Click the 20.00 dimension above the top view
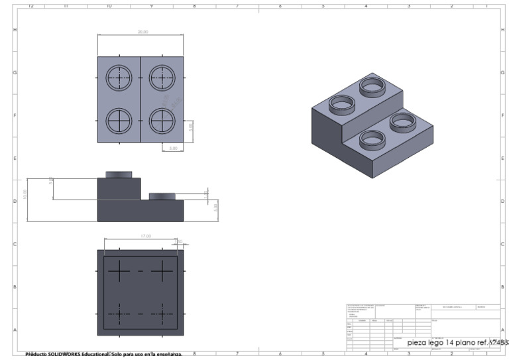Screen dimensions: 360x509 [x=142, y=32]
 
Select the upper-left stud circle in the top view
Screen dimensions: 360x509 [x=119, y=78]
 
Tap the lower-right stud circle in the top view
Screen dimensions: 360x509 [x=162, y=121]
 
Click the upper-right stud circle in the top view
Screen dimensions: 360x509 [x=162, y=78]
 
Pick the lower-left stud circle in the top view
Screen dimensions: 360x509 [x=119, y=121]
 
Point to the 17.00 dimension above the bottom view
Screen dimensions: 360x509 [x=146, y=236]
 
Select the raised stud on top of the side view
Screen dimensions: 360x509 [x=119, y=174]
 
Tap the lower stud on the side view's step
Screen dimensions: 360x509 [x=162, y=196]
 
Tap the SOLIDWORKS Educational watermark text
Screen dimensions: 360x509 [x=103, y=354]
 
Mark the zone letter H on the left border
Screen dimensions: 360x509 [x=15, y=30]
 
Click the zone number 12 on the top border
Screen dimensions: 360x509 [x=30, y=5]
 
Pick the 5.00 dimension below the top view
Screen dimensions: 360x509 [x=174, y=148]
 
